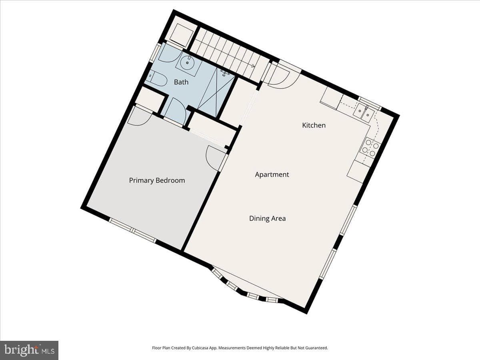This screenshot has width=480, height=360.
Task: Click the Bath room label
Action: [181, 82]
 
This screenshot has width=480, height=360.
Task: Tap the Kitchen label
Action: [314, 125]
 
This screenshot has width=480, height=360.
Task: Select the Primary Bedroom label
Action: [157, 180]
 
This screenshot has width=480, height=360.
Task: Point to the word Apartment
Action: [272, 175]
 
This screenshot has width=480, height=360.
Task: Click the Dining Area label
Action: [268, 218]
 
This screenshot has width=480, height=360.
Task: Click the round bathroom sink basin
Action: [187, 63]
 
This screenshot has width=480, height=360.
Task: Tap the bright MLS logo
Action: [29, 350]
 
